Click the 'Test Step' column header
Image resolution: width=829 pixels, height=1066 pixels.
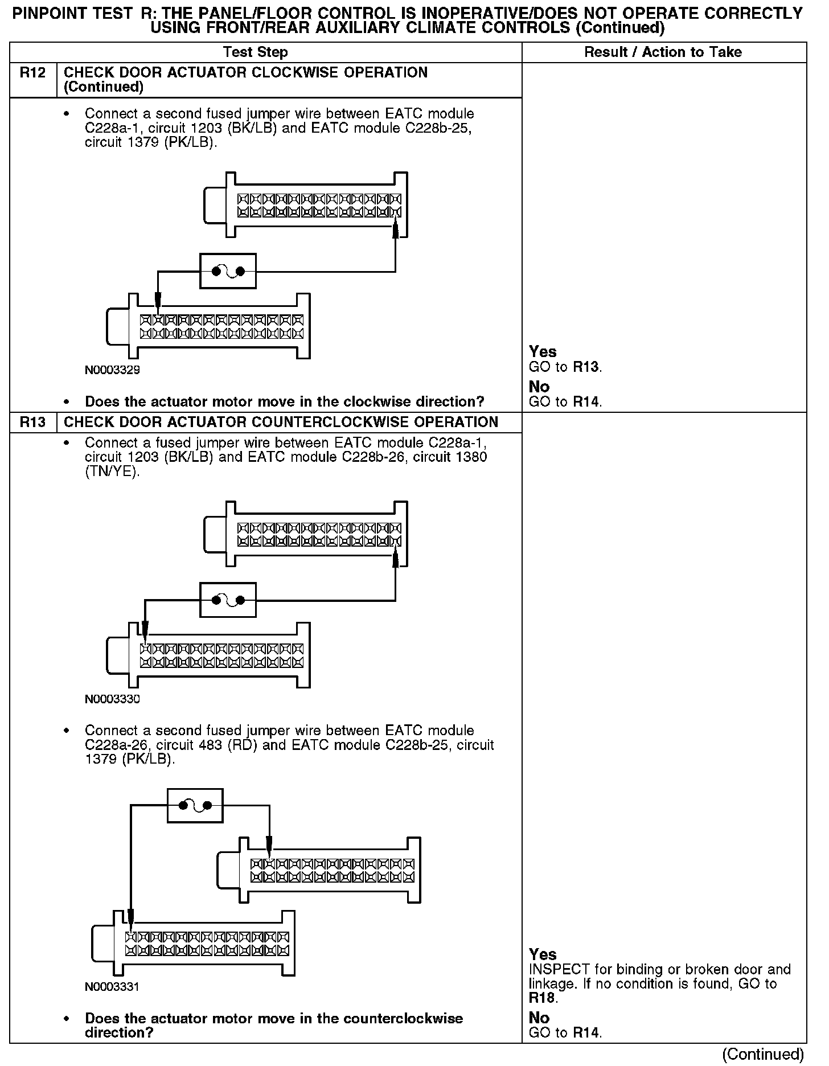point(256,52)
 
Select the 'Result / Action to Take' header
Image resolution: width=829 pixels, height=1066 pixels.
point(663,52)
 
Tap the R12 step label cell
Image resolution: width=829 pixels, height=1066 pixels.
point(33,73)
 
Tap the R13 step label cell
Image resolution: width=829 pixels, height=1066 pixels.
point(33,422)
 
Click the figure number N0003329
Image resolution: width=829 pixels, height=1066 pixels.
point(112,370)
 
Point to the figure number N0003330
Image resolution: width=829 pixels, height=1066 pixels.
point(112,699)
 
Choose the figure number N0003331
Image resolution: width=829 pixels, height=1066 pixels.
point(112,987)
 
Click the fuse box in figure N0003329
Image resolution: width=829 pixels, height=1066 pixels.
point(228,271)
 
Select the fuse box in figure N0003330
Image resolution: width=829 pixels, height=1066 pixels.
point(228,600)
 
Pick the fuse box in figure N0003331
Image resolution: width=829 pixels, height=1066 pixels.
point(195,805)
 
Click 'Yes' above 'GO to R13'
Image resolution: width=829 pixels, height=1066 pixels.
point(543,352)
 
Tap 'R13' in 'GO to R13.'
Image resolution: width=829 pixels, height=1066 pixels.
point(586,367)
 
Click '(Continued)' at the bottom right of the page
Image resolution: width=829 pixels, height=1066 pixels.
point(762,1054)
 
